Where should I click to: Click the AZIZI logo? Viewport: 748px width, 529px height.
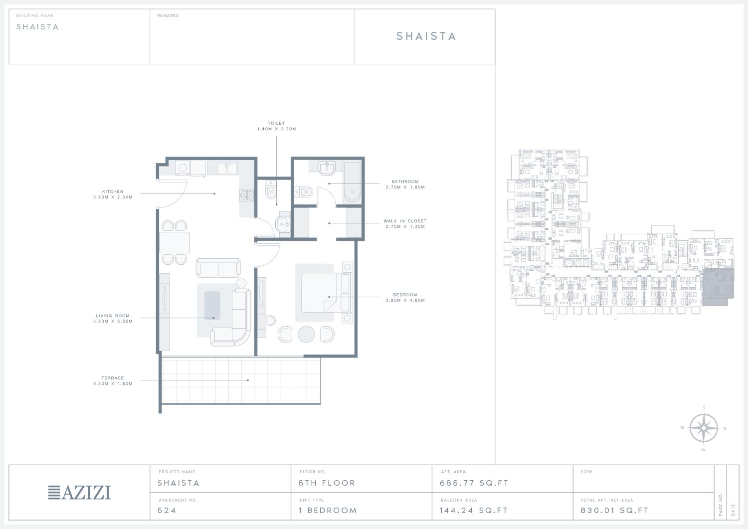click(79, 493)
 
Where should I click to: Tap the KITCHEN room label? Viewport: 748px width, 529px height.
click(113, 191)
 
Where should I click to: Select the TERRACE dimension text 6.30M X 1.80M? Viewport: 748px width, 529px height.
click(113, 384)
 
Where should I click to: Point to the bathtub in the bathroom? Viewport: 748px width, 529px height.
click(352, 182)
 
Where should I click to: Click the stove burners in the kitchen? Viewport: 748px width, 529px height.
click(246, 195)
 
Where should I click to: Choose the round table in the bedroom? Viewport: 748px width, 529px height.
click(306, 334)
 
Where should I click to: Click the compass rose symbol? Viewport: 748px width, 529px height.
click(704, 428)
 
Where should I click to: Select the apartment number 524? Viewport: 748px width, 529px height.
click(167, 510)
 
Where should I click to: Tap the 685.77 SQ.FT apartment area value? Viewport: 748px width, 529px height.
click(474, 483)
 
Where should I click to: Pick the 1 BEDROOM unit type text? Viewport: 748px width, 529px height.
click(328, 510)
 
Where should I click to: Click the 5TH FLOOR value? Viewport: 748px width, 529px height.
click(327, 483)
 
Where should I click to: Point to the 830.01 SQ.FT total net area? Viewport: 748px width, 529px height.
click(614, 510)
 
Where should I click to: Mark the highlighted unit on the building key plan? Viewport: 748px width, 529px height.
click(718, 287)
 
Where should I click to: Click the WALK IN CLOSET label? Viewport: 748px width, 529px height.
click(405, 221)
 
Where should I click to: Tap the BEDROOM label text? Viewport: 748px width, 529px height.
click(405, 295)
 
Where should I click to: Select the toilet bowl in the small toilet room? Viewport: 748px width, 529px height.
click(270, 189)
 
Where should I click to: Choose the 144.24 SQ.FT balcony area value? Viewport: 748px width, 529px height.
click(474, 510)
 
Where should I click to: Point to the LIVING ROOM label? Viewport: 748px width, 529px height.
click(113, 316)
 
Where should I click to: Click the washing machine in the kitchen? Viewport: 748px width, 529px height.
click(183, 168)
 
